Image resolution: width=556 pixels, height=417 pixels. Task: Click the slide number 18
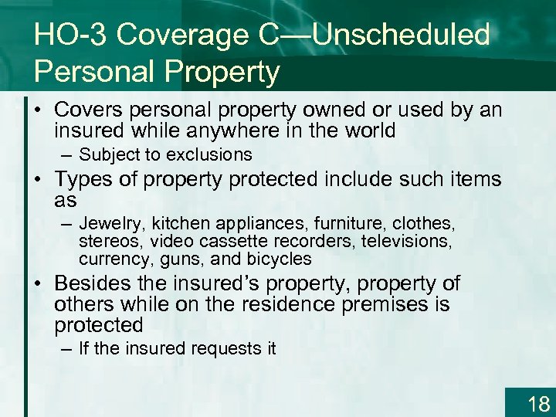[x=537, y=402]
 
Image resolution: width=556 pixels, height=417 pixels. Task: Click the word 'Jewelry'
[x=112, y=224]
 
